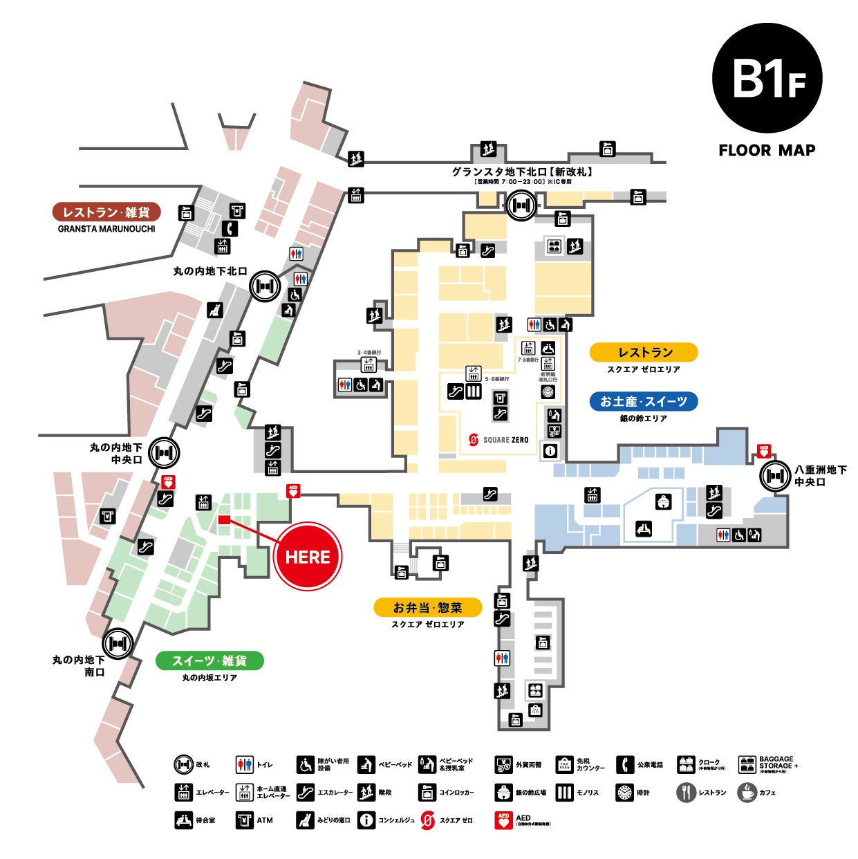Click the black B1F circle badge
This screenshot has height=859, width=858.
coord(767,77)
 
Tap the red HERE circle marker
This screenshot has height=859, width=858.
coord(308,557)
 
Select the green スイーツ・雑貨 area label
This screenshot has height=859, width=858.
coord(209,661)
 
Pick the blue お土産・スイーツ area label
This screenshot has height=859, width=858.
coord(643,401)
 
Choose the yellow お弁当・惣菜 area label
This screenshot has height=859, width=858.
coord(427,607)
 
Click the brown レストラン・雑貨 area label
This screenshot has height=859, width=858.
coord(106,212)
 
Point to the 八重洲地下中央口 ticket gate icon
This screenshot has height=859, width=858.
coord(774,475)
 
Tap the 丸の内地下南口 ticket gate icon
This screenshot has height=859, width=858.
coord(118,643)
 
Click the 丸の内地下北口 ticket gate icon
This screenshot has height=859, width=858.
coord(265,286)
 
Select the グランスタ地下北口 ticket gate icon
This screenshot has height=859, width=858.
coord(520,205)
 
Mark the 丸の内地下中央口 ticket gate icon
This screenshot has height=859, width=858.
coord(164,453)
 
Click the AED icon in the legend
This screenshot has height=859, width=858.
coord(503,820)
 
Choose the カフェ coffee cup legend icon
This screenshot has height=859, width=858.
coord(747,793)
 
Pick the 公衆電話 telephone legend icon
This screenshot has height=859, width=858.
coord(624,764)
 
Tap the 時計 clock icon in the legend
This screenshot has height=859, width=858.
coord(624,793)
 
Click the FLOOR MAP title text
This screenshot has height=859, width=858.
coord(767,150)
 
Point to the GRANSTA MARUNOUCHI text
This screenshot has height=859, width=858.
coord(106,229)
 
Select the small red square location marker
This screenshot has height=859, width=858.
coord(223,520)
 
